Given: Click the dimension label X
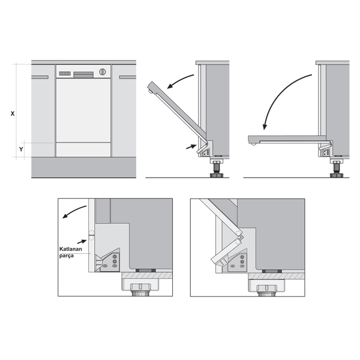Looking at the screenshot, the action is coord(13,113).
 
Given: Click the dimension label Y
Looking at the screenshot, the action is coord(21,149).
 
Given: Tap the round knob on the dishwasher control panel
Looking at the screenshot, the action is coord(103,72).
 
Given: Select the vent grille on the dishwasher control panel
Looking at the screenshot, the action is coord(65,73).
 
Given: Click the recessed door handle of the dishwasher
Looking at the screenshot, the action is coord(83,74).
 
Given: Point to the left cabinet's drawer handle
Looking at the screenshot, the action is coord(40,77).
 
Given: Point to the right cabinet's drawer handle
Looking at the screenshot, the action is coord(128,77).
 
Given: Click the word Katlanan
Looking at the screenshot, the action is coord(71,249).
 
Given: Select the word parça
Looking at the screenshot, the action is coord(67,256).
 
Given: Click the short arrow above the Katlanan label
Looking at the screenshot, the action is coord(82,242).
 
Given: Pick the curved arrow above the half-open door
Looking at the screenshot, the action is coord(179,79).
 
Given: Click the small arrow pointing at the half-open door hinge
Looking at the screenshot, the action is coord(191,146).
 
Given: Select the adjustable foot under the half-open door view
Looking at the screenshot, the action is coord(217,169).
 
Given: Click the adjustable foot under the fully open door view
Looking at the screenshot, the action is coord(337,169).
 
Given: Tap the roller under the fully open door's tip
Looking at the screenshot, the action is coord(254,145).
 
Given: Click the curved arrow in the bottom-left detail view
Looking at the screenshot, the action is coord(74,211).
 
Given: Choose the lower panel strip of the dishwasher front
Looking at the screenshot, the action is coord(83,149).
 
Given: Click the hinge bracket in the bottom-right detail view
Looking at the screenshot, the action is coord(237,261).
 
